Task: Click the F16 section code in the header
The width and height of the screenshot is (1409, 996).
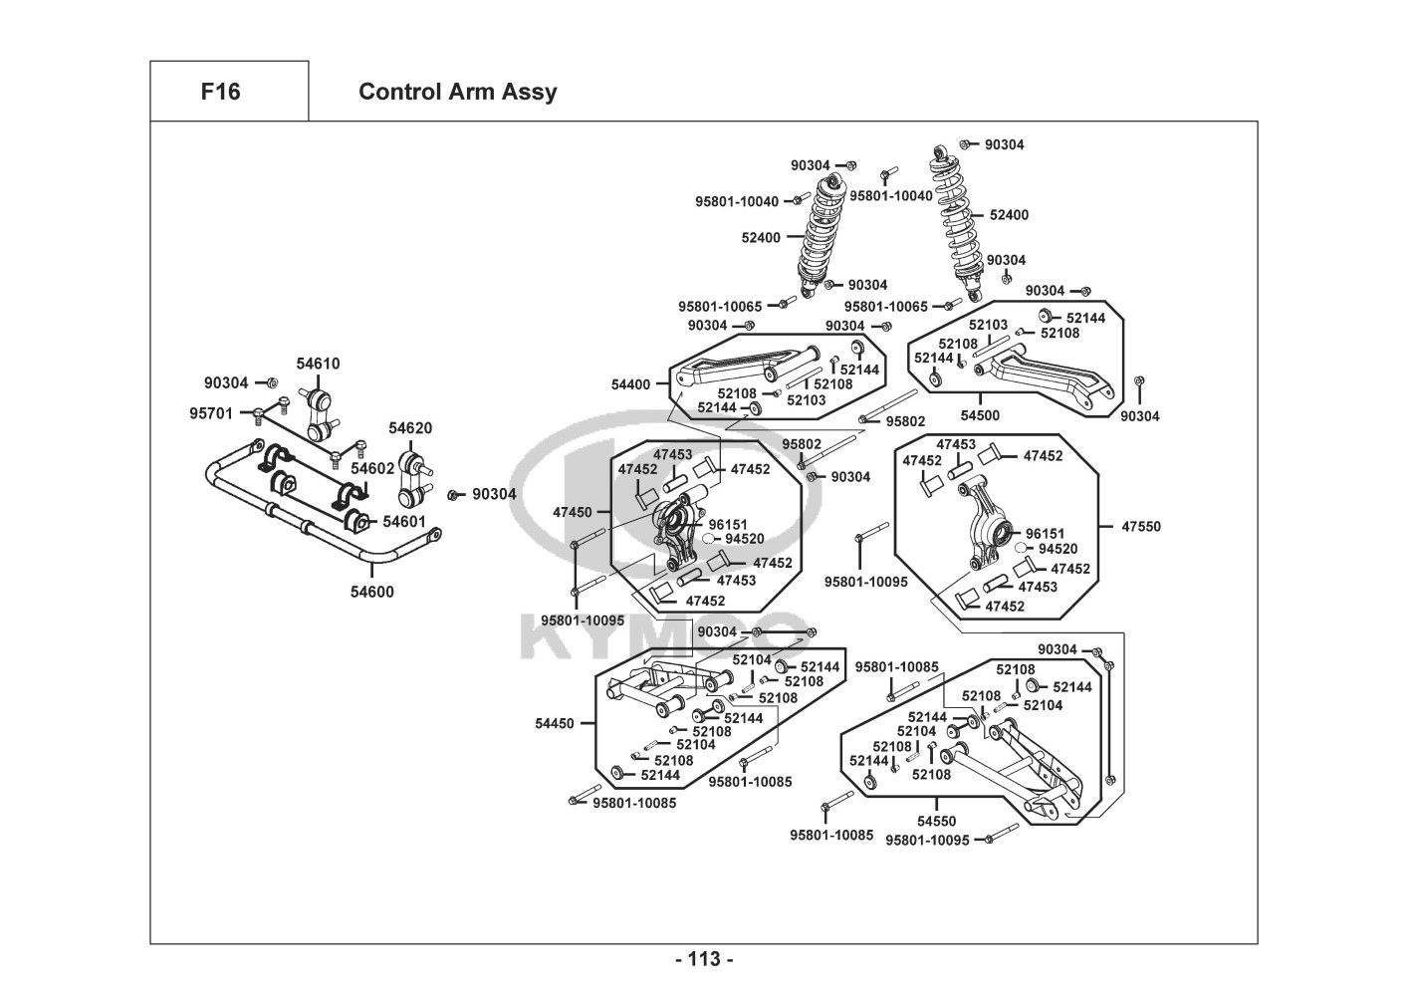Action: [x=220, y=92]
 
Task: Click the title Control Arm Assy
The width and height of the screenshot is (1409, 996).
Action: [x=457, y=92]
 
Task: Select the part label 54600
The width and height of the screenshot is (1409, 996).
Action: [x=371, y=592]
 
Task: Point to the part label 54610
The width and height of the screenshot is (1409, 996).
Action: [x=318, y=364]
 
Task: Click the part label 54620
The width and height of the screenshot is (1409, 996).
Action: [x=410, y=428]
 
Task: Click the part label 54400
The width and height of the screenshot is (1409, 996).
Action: [x=630, y=384]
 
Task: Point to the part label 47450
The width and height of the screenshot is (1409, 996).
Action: [x=573, y=512]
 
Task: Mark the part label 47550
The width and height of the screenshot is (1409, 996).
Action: [x=1140, y=526]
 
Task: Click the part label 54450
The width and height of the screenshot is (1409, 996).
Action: [x=554, y=723]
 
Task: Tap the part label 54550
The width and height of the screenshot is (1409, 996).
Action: [x=936, y=822]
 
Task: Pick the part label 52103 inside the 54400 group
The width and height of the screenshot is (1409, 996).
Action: [x=807, y=400]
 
